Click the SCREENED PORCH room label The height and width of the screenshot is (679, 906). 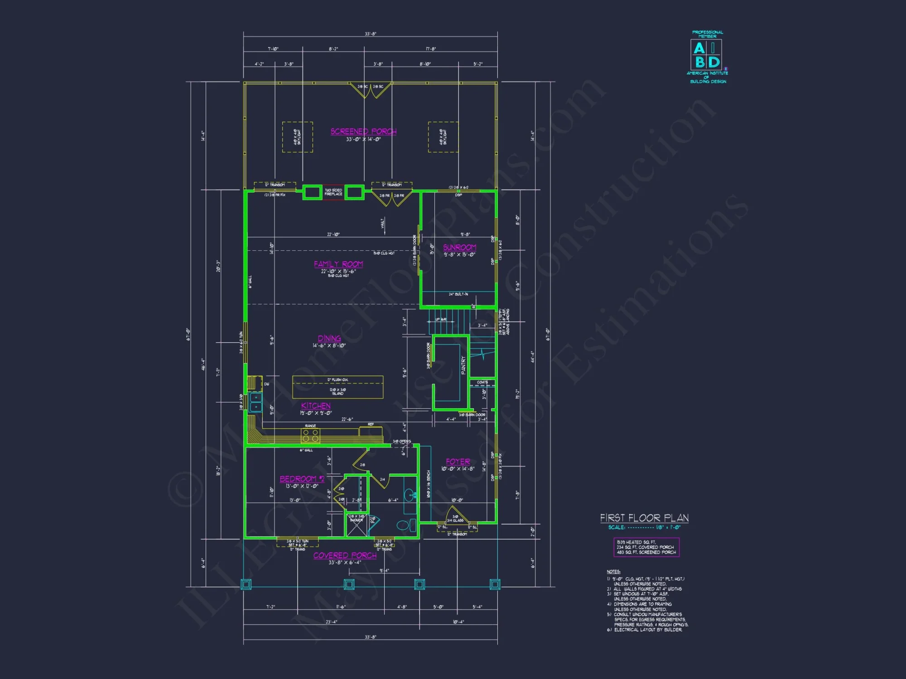[x=363, y=132]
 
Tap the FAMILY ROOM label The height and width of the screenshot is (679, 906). [x=338, y=264]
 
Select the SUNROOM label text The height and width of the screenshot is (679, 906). [x=459, y=248]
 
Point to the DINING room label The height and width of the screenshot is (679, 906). [x=329, y=339]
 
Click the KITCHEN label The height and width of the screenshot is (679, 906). [x=316, y=406]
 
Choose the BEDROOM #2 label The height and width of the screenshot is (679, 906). [x=302, y=479]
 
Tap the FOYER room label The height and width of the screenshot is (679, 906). [x=458, y=462]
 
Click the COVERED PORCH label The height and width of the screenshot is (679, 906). [x=345, y=555]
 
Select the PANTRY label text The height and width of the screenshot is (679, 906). [x=463, y=365]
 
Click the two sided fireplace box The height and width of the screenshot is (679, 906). [x=333, y=192]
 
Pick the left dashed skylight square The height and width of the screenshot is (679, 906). [x=297, y=137]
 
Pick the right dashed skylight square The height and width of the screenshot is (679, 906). [x=443, y=137]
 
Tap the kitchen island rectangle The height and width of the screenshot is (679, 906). [x=337, y=387]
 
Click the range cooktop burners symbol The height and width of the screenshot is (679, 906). [x=310, y=436]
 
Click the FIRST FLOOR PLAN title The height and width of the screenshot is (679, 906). [x=644, y=518]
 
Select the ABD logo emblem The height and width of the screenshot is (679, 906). [x=706, y=54]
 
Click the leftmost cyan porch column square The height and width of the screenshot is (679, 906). [x=246, y=584]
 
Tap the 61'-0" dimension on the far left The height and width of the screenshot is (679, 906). [x=188, y=334]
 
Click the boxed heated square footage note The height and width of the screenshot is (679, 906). [x=646, y=547]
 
